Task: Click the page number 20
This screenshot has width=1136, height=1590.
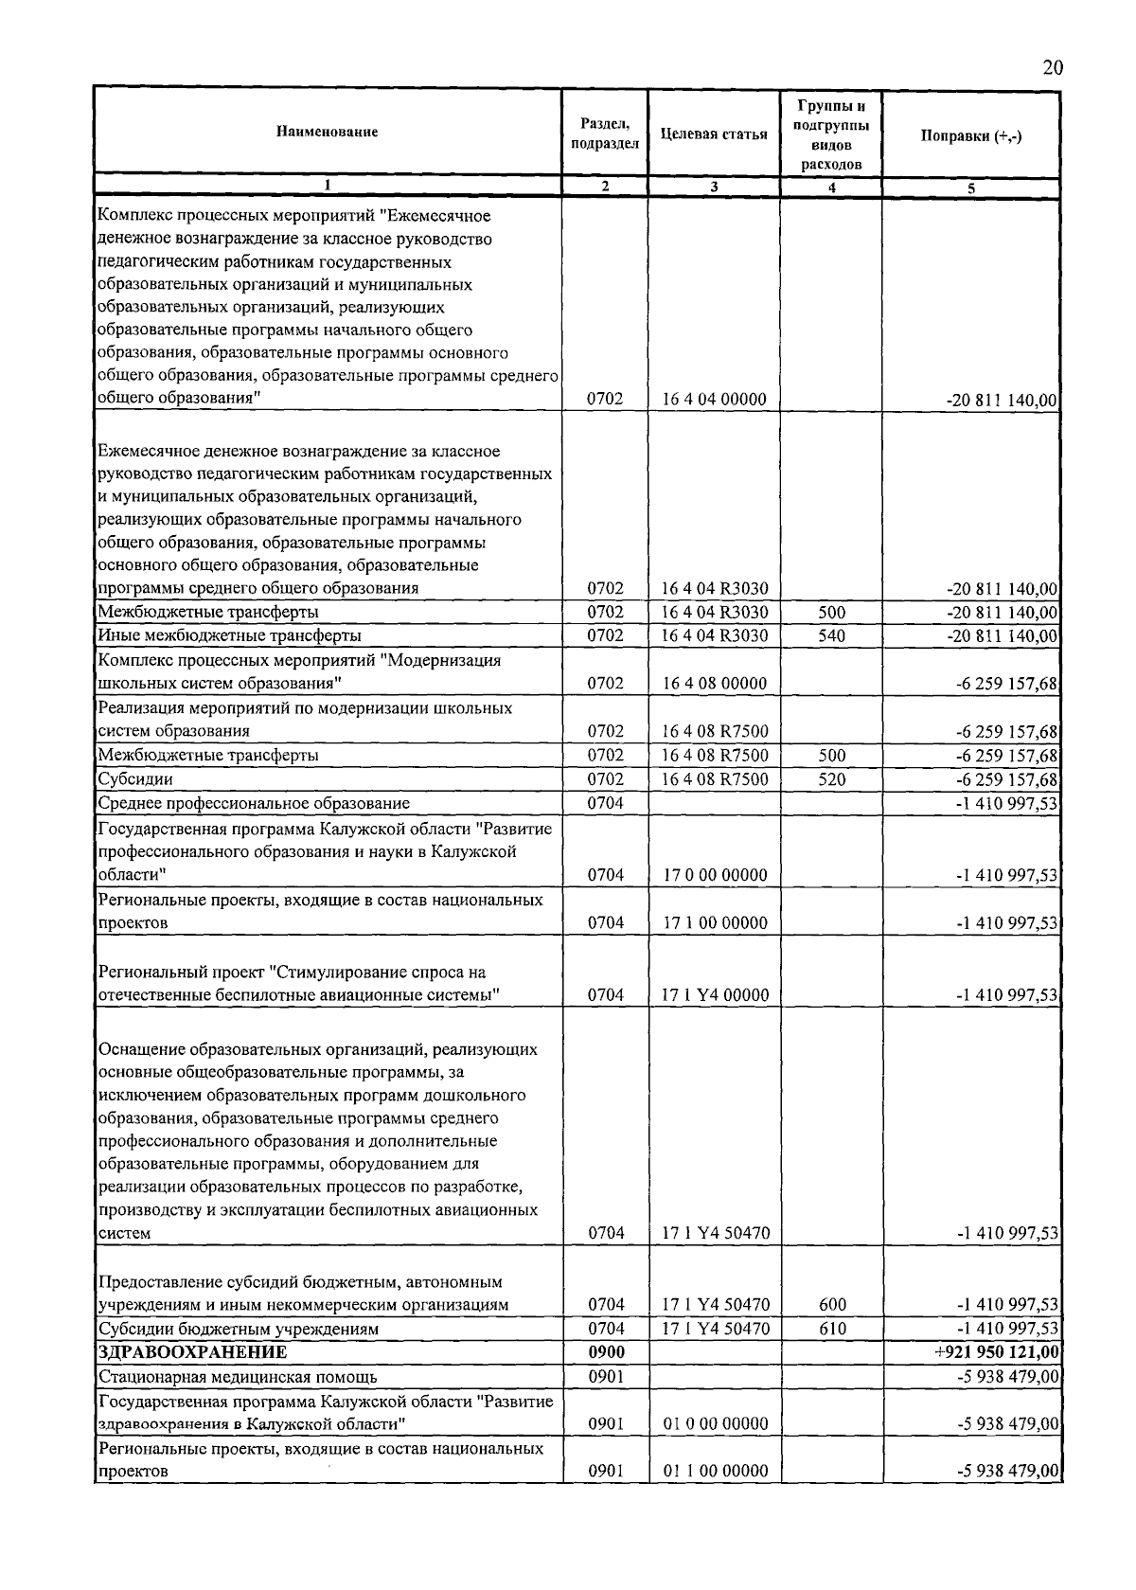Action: click(1053, 67)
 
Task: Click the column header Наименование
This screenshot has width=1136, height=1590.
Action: click(327, 132)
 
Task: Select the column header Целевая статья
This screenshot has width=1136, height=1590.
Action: click(713, 134)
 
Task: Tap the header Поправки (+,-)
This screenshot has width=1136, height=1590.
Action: click(970, 134)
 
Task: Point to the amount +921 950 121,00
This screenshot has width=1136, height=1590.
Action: click(996, 1352)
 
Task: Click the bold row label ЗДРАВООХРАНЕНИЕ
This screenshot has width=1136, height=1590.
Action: click(192, 1352)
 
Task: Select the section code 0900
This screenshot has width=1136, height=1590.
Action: click(605, 1352)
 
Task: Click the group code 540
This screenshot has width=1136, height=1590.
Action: click(831, 635)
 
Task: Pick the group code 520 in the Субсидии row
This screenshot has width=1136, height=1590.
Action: click(831, 779)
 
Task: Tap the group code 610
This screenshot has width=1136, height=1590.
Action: click(831, 1329)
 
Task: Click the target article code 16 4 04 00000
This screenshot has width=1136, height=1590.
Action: click(713, 400)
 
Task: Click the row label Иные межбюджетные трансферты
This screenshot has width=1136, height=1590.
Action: click(230, 635)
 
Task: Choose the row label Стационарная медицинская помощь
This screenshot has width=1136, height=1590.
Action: click(238, 1377)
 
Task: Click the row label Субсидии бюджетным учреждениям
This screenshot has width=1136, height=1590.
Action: click(239, 1329)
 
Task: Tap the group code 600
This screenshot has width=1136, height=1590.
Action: click(831, 1305)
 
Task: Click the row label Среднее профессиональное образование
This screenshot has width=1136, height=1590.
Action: click(254, 803)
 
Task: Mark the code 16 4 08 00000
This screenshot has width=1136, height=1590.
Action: click(713, 683)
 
